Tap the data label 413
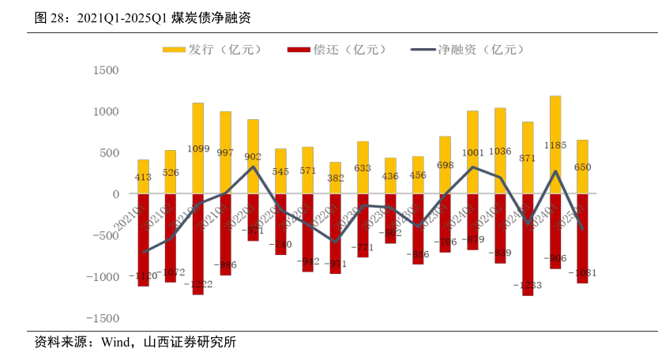[x=143, y=178]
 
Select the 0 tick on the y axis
[x=115, y=194]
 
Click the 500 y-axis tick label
[x=109, y=153]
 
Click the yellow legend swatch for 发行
[x=174, y=50]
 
